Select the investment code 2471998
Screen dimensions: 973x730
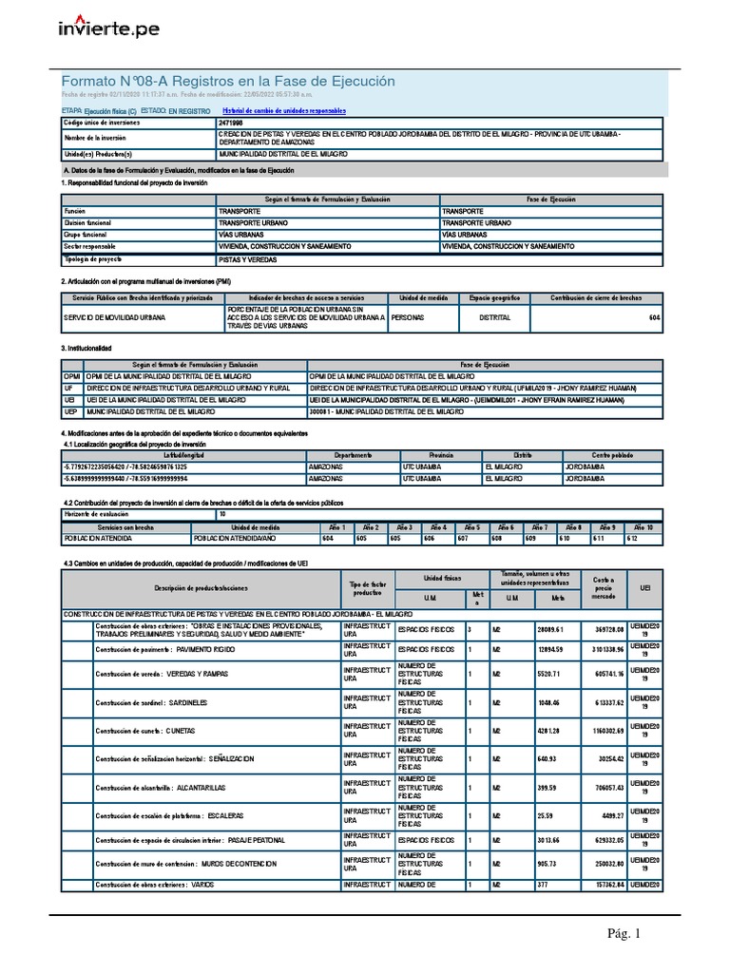click(x=230, y=124)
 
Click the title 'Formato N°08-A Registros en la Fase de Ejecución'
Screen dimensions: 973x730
click(x=227, y=82)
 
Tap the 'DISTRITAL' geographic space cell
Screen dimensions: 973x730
click(x=494, y=317)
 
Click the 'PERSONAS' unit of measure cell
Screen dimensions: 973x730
click(x=409, y=317)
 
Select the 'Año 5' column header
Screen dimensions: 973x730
click(x=471, y=526)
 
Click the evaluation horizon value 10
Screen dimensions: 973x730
click(x=222, y=514)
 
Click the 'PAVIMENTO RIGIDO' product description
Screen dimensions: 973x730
click(x=207, y=649)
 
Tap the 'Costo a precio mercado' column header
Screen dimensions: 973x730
click(x=604, y=586)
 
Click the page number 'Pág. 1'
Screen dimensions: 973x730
click(x=624, y=934)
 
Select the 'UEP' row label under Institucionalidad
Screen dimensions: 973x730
click(x=69, y=412)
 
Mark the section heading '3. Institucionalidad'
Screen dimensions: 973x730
click(x=86, y=349)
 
